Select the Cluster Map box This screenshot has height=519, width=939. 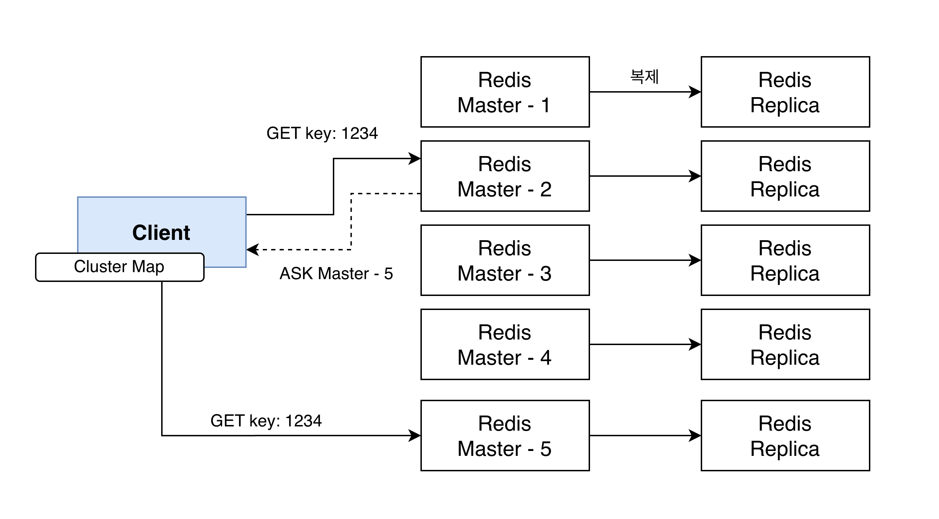pyautogui.click(x=119, y=267)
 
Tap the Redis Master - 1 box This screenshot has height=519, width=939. pyautogui.click(x=505, y=92)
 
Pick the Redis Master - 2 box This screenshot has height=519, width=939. pyautogui.click(x=505, y=176)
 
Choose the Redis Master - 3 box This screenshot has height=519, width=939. pyautogui.click(x=505, y=260)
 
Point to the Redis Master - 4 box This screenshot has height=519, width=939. pyautogui.click(x=505, y=344)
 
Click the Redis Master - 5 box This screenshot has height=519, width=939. pyautogui.click(x=505, y=436)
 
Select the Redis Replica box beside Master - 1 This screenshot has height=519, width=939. pyautogui.click(x=785, y=92)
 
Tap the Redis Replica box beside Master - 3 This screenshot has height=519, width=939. pyautogui.click(x=785, y=260)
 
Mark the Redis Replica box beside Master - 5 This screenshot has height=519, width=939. pyautogui.click(x=785, y=436)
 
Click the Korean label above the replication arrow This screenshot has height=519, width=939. pyautogui.click(x=644, y=76)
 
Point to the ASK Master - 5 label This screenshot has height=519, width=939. pyautogui.click(x=336, y=274)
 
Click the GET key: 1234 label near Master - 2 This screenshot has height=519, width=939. pyautogui.click(x=322, y=133)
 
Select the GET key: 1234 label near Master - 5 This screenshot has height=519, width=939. pyautogui.click(x=266, y=421)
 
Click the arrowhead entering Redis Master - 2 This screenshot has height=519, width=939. pyautogui.click(x=415, y=159)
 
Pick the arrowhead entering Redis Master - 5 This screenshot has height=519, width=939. pyautogui.click(x=415, y=436)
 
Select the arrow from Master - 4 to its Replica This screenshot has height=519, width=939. pyautogui.click(x=644, y=344)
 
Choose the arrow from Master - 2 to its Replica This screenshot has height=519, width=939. pyautogui.click(x=644, y=176)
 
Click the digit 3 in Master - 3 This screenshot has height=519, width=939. pyautogui.click(x=546, y=274)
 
